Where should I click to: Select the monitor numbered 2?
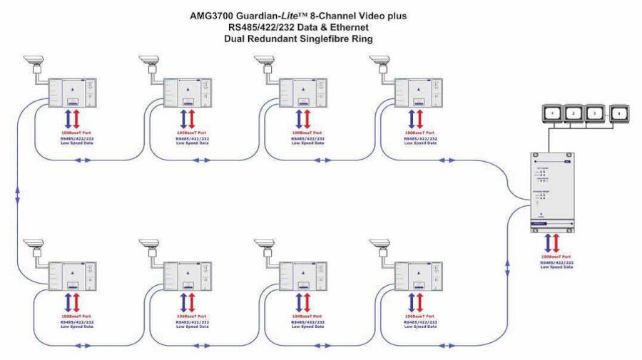click(x=575, y=113)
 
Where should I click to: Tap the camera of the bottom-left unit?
click(x=33, y=242)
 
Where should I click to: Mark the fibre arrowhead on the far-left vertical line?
click(x=17, y=193)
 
